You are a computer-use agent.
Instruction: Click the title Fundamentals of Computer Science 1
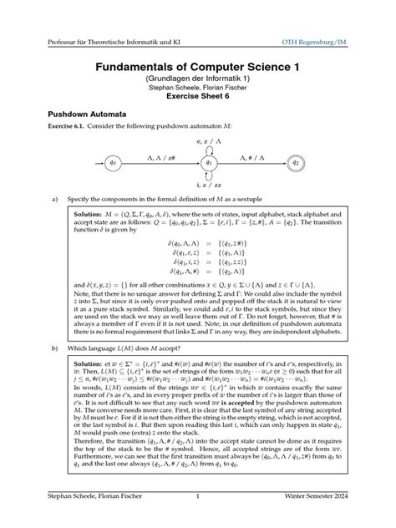[x=198, y=65]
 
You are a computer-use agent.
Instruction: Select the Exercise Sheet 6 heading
[x=198, y=97]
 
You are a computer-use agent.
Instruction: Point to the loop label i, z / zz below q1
[x=197, y=185]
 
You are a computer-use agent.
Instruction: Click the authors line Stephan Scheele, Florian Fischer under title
[x=198, y=86]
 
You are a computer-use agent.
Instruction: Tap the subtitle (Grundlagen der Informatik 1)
[x=198, y=77]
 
